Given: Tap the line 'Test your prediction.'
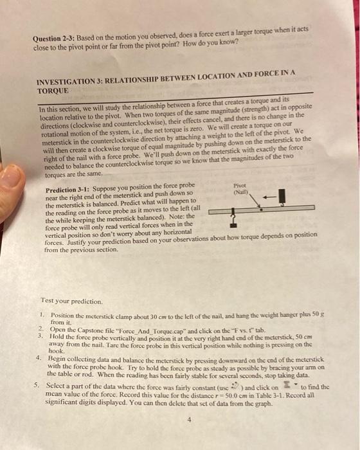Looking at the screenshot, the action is [x=71, y=300].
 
